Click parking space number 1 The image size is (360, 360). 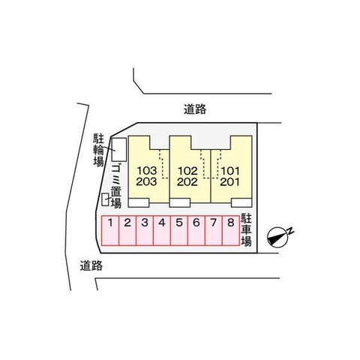[x=110, y=231]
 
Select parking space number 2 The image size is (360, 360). [x=127, y=231]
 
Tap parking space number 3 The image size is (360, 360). [x=145, y=231]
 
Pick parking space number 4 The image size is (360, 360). [x=162, y=231]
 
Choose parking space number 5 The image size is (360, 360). [x=179, y=231]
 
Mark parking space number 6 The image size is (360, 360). [x=196, y=231]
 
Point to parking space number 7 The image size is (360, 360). [x=214, y=231]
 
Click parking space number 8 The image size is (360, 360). [x=231, y=231]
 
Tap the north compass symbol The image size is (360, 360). [x=280, y=237]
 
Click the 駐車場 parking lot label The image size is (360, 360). [x=246, y=230]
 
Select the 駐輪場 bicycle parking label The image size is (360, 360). [x=98, y=150]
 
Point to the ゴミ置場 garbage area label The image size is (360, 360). [x=116, y=187]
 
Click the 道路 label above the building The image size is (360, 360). [x=195, y=109]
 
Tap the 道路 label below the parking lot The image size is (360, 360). [x=91, y=265]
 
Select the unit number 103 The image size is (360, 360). [x=147, y=171]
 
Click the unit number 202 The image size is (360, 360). [x=187, y=181]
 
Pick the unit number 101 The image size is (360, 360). [x=230, y=171]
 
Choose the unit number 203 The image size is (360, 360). [x=146, y=181]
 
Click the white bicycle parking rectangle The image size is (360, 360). [x=118, y=149]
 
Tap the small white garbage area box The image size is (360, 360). [x=105, y=199]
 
